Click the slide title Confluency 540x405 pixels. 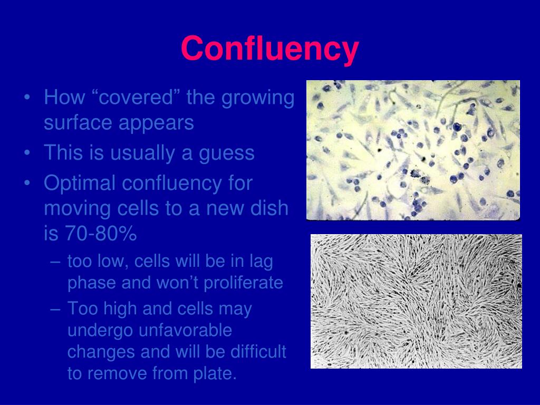click(x=269, y=49)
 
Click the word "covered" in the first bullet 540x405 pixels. click(x=138, y=98)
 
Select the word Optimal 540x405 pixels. click(x=80, y=184)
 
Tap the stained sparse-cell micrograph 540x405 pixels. click(x=413, y=150)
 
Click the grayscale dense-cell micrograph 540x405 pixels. click(x=416, y=301)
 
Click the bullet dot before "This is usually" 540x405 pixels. click(x=27, y=153)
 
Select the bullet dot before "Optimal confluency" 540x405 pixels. click(x=27, y=184)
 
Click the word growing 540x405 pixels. click(x=258, y=98)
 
